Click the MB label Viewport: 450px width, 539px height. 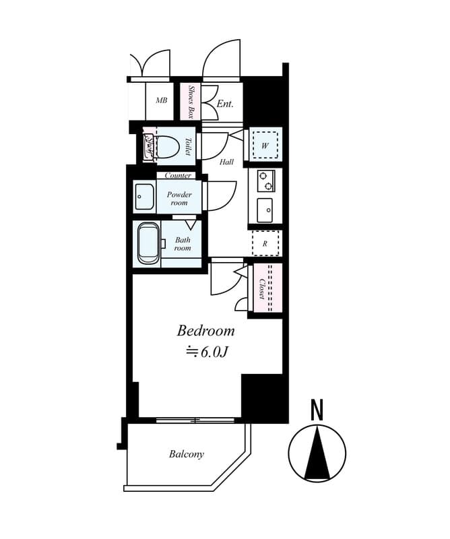pos(162,101)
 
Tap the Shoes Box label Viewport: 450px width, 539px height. pos(191,102)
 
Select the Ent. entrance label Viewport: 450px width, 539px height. pos(225,104)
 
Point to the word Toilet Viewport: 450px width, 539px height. pos(188,147)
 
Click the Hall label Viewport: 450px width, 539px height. pos(226,162)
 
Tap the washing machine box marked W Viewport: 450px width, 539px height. pos(265,146)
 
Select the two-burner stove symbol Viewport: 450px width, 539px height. pos(265,181)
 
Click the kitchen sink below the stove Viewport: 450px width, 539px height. pos(265,210)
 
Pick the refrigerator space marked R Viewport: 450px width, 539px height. pos(265,244)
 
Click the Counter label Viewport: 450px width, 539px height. pos(178,175)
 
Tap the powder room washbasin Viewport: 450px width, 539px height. pos(143,197)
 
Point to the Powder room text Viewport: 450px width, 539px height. pos(179,199)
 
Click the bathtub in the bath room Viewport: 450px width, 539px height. pos(148,245)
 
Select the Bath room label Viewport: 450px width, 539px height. pos(183,244)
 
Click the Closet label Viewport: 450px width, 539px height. pos(261,288)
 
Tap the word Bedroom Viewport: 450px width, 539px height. pos(205,331)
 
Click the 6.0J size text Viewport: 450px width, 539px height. pos(207,352)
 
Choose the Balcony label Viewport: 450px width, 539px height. pos(186,454)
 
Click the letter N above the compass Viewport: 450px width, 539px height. pos(317,410)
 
